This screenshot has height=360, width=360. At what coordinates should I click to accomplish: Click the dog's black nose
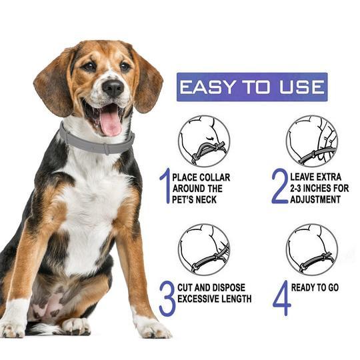(x=112, y=87)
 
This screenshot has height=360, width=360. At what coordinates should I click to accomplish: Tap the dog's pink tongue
(x=110, y=123)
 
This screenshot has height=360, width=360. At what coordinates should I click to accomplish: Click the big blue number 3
(x=167, y=298)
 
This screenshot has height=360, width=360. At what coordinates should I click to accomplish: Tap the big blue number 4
(x=281, y=298)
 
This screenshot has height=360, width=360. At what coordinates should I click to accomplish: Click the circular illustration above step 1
(x=204, y=141)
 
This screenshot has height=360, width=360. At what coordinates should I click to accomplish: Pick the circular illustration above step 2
(x=312, y=141)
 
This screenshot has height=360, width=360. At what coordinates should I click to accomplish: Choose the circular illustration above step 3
(x=204, y=249)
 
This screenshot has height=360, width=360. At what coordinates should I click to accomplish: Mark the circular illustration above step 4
(x=312, y=249)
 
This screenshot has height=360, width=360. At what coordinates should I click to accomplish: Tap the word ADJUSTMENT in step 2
(x=318, y=199)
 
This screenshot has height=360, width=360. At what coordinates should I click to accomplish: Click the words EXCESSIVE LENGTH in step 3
(x=215, y=299)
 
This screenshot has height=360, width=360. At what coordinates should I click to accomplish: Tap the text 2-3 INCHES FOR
(x=319, y=189)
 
